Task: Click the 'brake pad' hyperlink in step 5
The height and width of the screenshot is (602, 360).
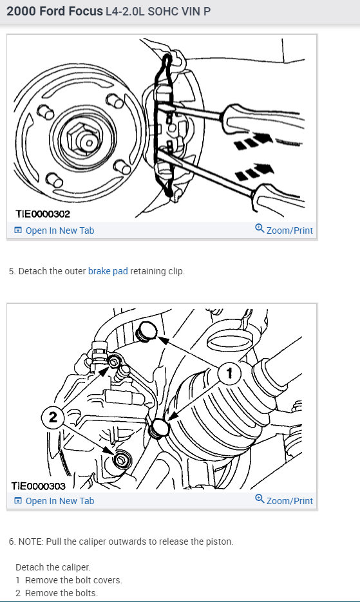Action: click(108, 271)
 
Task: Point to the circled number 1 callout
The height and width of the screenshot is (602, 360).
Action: click(229, 373)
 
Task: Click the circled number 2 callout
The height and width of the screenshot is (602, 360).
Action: click(53, 417)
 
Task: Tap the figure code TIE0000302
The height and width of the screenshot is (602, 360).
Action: click(43, 214)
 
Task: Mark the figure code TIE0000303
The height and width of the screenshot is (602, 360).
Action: click(39, 485)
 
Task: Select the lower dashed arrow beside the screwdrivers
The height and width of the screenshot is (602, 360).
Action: click(254, 172)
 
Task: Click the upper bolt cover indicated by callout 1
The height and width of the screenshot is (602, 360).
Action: click(147, 332)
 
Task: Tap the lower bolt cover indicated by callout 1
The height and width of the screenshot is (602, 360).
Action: click(158, 429)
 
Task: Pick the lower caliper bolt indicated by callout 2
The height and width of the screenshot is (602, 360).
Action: click(122, 459)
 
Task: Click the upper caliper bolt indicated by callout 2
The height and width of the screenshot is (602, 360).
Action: click(115, 361)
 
